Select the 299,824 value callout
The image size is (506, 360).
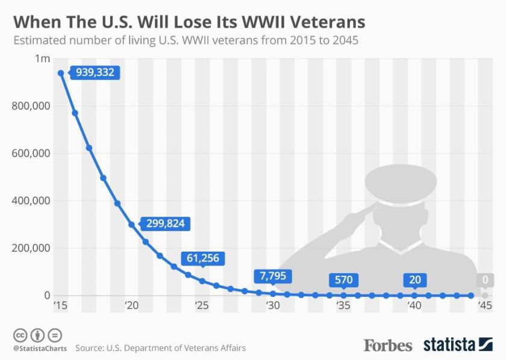166,224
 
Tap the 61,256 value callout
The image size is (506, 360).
202,259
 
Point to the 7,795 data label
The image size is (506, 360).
273,276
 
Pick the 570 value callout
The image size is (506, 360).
343,280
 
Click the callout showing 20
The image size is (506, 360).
414,280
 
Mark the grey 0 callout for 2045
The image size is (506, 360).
485,280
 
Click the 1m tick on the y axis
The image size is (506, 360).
42,58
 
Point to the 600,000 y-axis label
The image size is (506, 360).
31,154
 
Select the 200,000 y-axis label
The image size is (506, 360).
31,248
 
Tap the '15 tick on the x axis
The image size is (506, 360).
60,306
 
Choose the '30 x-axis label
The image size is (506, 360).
273,306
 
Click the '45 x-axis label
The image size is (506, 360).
485,306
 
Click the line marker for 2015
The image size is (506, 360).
61,73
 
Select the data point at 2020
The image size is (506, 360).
131,225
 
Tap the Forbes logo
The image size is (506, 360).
387,345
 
